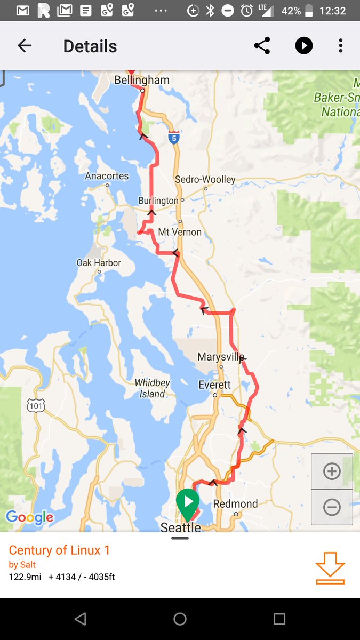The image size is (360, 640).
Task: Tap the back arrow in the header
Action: [x=25, y=46]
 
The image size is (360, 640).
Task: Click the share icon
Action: [x=262, y=46]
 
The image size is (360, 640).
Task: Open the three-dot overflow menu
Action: [x=340, y=46]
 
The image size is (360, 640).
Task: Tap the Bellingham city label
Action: [x=142, y=80]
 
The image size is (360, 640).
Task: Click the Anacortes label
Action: [x=107, y=176]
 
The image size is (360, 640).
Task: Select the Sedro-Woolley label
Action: [x=205, y=180]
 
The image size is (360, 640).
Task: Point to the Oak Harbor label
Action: [x=99, y=263]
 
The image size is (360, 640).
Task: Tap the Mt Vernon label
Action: [x=180, y=232]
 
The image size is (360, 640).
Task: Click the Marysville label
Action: [x=221, y=357]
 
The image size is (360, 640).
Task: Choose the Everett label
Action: [x=214, y=385]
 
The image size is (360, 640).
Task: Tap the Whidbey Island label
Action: [x=153, y=389]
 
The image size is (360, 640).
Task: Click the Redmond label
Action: [x=235, y=504]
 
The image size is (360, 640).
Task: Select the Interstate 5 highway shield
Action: [x=173, y=138]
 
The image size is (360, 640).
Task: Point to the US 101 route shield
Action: [x=36, y=406]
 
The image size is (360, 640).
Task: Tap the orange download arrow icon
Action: [x=330, y=567]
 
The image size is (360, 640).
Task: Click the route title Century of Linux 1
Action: [x=59, y=550]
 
